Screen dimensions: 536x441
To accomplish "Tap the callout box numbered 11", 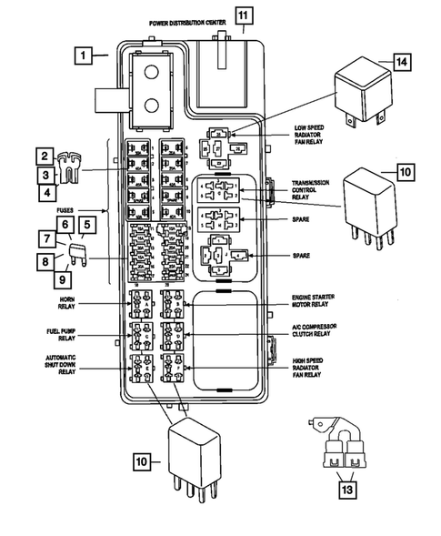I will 241,14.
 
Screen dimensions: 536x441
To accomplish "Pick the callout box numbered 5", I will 86,224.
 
